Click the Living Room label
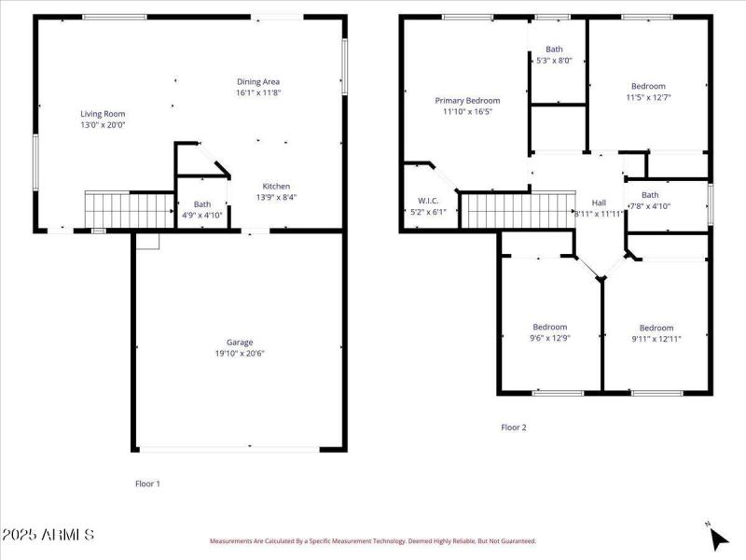point(103,113)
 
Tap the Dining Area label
point(258,81)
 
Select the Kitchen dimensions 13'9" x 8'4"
point(276,197)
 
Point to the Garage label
point(240,342)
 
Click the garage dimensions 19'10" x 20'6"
point(240,353)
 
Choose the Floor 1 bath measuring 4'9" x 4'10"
point(202,210)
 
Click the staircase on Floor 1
point(130,210)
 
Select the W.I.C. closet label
point(429,201)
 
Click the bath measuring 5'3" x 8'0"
point(554,55)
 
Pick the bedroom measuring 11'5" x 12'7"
point(648,91)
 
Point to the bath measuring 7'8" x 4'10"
point(649,201)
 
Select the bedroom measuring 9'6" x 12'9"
point(550,332)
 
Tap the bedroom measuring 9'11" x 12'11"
point(656,333)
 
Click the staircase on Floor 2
point(517,210)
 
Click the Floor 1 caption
point(148,483)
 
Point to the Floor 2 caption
point(514,427)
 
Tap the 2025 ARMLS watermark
point(48,535)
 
